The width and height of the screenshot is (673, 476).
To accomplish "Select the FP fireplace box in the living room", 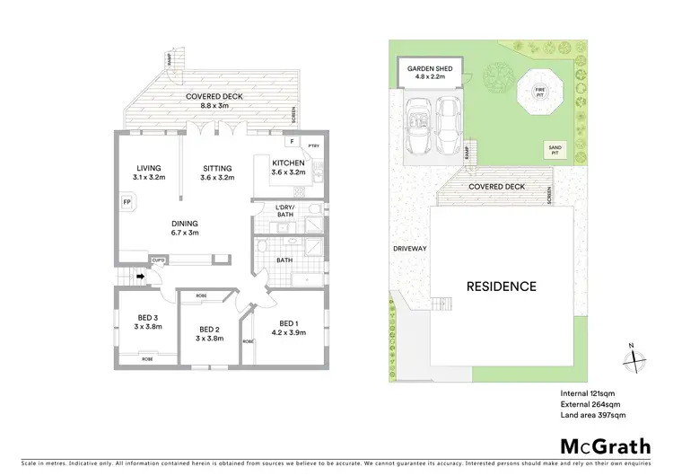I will [x=126, y=202].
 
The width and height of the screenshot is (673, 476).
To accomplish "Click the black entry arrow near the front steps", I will [x=141, y=277].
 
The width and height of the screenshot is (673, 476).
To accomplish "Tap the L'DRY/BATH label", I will [x=287, y=211].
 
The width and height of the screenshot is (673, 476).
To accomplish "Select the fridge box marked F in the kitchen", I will [x=292, y=142].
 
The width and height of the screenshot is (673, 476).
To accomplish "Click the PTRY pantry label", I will [x=313, y=145].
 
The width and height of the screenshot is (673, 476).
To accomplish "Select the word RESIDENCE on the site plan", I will [x=501, y=286].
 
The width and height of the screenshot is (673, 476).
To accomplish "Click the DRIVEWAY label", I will [x=408, y=249].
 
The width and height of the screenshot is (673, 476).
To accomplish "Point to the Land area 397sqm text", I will [x=592, y=416].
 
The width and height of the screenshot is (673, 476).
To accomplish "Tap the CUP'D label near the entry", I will [x=158, y=260].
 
